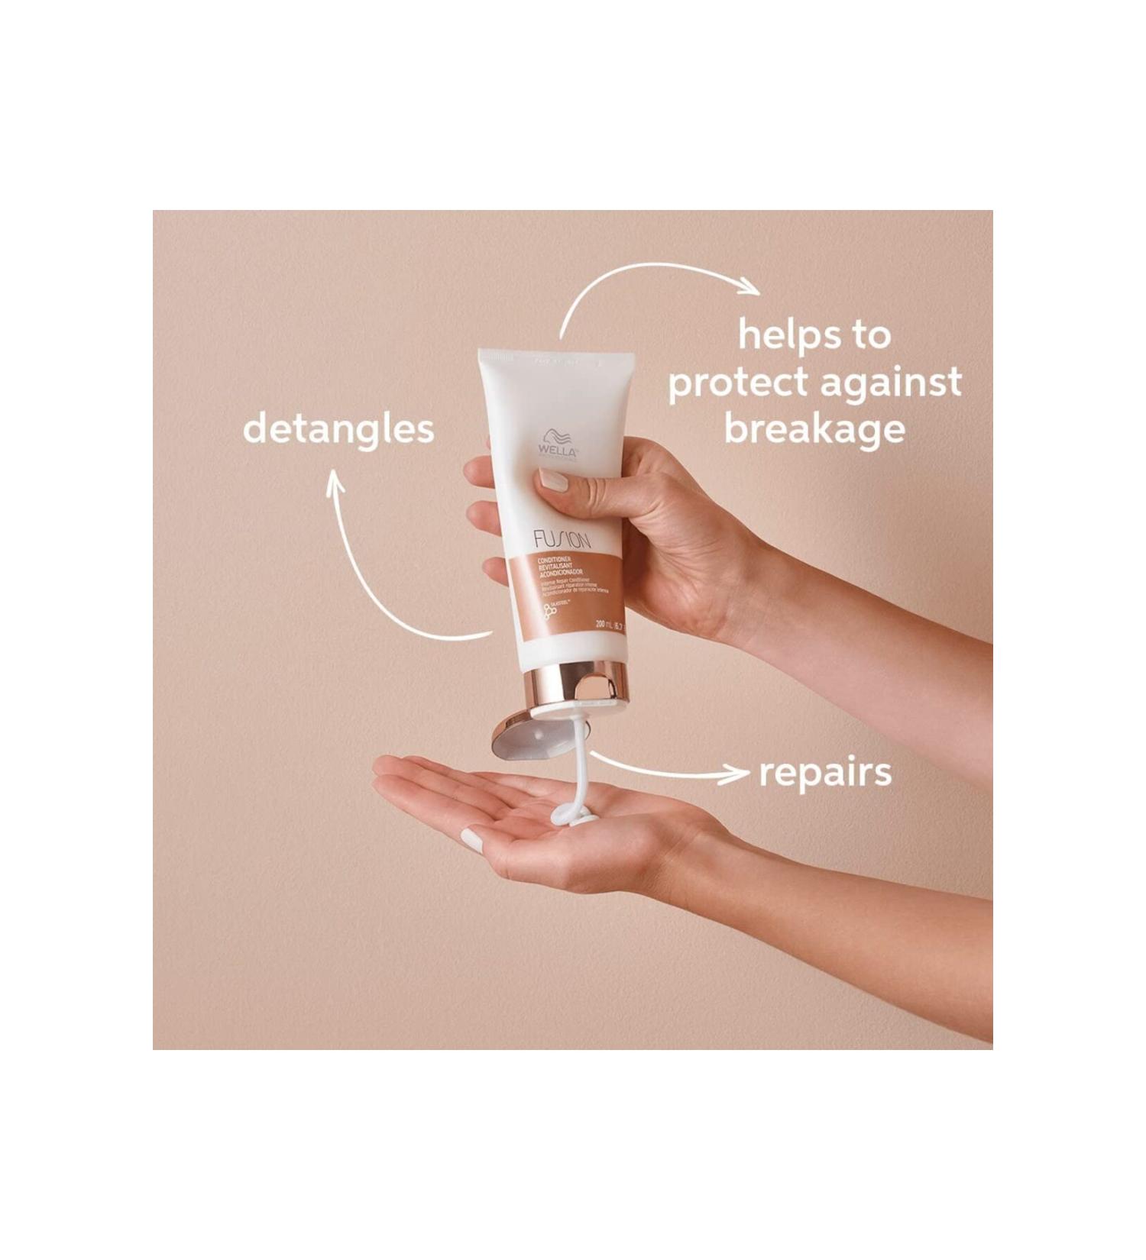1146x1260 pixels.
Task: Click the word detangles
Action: [338, 429]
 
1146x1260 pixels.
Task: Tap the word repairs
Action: [825, 773]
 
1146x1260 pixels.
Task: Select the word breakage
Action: [814, 428]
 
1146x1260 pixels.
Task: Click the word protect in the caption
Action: [738, 383]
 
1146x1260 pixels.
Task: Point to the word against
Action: [891, 383]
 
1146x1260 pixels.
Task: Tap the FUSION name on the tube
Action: [562, 541]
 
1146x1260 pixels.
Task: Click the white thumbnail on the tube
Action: [552, 480]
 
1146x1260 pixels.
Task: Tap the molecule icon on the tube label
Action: [549, 610]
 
